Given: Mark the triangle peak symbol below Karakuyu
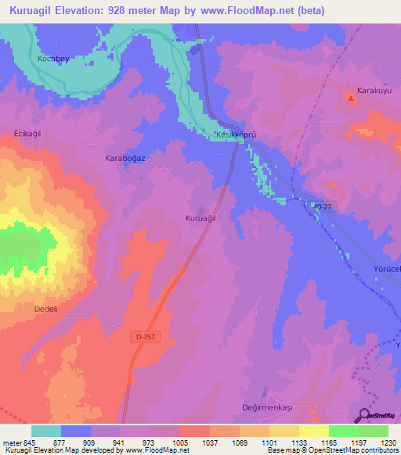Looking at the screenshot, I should click(349, 98).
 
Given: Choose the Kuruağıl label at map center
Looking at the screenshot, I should click(200, 218).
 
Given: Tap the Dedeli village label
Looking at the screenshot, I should click(47, 309).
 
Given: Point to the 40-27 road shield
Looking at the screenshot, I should click(321, 206).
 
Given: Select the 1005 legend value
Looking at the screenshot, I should click(180, 442).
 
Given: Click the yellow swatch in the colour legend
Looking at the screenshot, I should click(313, 431).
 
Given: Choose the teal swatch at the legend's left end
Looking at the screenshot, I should click(46, 431).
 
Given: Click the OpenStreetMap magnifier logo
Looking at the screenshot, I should click(366, 415).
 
